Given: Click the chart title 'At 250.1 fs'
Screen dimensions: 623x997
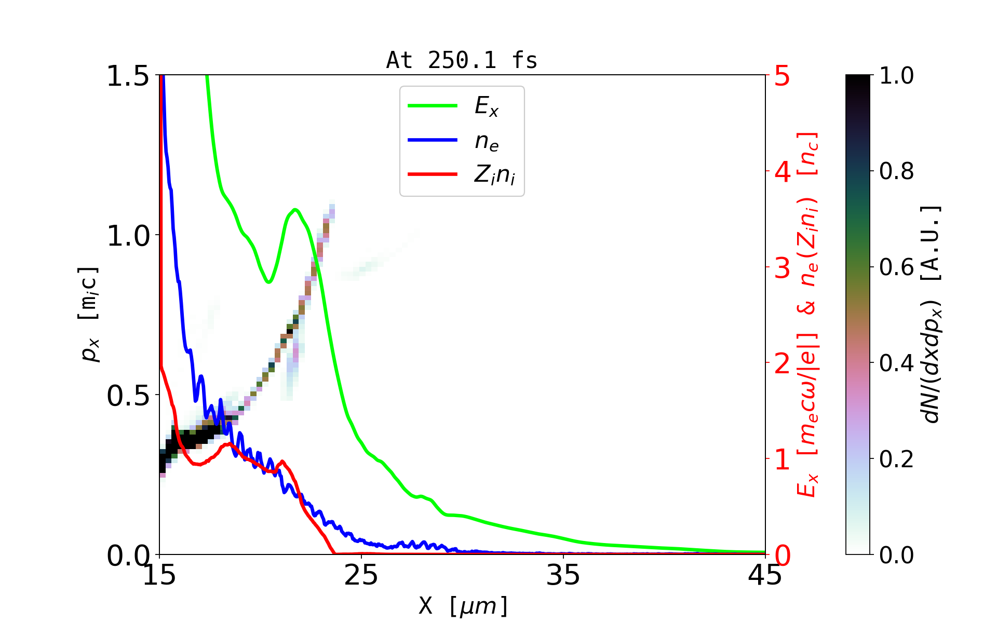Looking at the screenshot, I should pos(462,60).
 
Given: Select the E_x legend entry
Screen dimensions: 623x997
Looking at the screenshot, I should pos(486,106).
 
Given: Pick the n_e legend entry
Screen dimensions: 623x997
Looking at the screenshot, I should pos(486,141).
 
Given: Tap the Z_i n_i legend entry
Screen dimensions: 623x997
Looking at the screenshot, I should pos(494,175).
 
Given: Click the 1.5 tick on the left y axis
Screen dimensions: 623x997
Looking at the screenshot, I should pos(128,76).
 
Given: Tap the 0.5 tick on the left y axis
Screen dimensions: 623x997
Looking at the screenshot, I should pos(128,396).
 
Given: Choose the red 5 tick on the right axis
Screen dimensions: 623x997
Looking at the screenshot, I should pos(782,76).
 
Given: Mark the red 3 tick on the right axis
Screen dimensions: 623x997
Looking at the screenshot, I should pos(782,268).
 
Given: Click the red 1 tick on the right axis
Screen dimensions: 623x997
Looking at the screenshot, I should pos(782,459).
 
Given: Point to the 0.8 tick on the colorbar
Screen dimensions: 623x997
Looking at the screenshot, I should pos(896,171).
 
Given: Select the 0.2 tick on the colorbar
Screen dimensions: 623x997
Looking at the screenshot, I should pos(896,459).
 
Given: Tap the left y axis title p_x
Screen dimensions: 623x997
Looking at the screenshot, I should pos(88,314).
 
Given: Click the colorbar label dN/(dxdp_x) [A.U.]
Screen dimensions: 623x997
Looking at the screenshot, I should pos(932,314).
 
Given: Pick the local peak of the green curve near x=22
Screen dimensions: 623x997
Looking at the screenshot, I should pos(295,209).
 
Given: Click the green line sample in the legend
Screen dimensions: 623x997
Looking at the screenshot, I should pos(433,106).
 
